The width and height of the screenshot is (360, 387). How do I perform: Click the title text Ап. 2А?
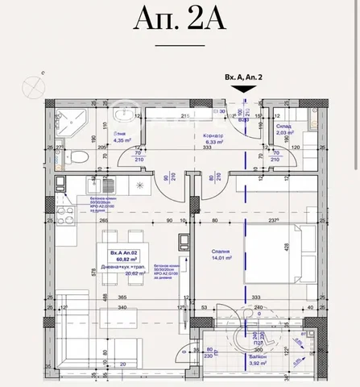(180, 33)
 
